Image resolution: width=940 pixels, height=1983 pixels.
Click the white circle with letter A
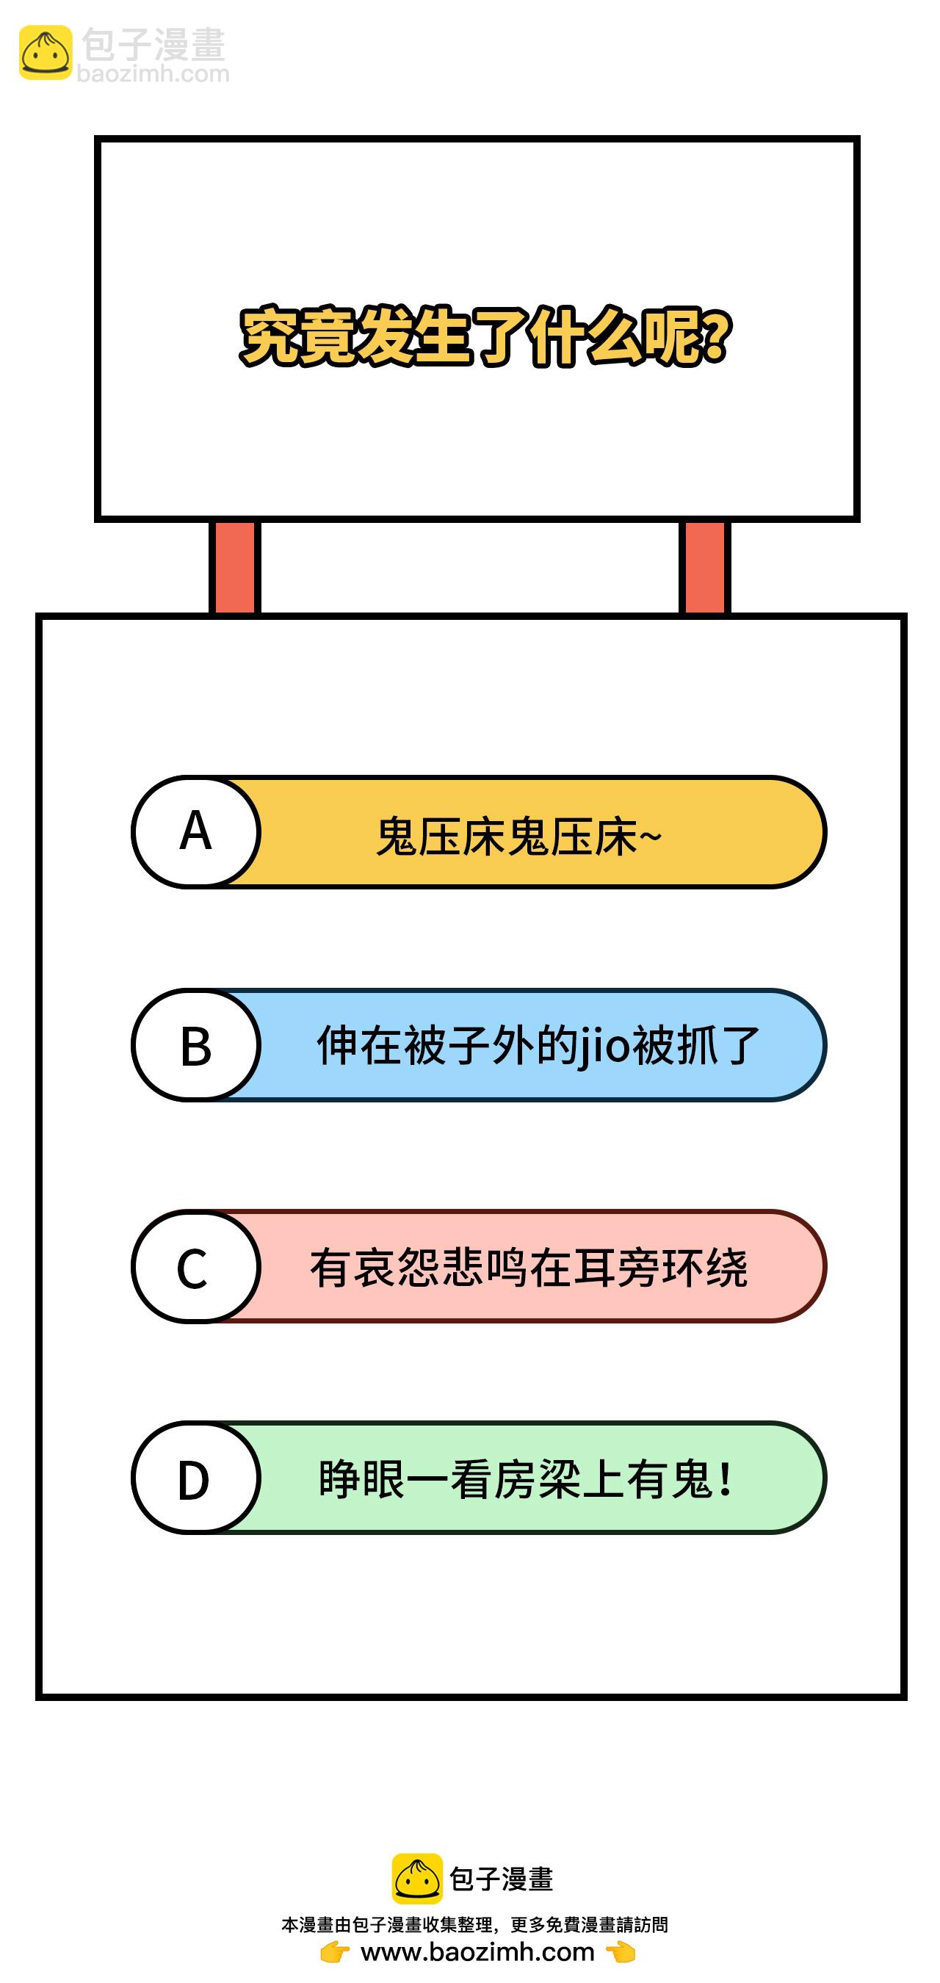click(195, 832)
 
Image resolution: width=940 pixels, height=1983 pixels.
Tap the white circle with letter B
click(195, 1045)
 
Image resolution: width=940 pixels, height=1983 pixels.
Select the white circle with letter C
click(195, 1266)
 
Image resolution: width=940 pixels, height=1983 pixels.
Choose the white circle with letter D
click(195, 1478)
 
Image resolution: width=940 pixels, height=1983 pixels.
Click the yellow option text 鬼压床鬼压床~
click(519, 837)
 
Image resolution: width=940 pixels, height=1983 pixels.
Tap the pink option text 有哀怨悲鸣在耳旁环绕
click(529, 1268)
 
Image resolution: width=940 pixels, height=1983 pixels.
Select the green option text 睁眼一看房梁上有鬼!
click(526, 1478)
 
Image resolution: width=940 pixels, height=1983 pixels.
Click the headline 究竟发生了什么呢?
click(485, 336)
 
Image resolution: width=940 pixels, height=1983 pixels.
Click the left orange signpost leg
click(235, 567)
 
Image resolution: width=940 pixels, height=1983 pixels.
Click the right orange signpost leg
click(704, 567)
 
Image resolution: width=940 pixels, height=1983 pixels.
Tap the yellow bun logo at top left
click(46, 52)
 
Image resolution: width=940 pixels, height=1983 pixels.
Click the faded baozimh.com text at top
click(153, 74)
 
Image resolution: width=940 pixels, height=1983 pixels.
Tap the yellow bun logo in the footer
click(417, 1878)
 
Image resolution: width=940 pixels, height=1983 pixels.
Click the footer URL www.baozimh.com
click(477, 1952)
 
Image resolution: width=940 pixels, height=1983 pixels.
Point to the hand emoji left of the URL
click(335, 1952)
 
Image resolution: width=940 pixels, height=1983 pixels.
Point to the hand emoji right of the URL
click(621, 1952)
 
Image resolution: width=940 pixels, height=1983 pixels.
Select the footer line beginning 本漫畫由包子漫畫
click(475, 1924)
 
